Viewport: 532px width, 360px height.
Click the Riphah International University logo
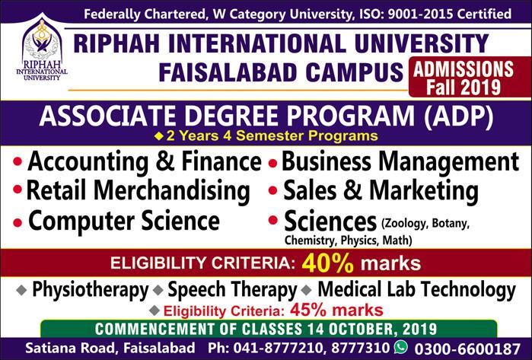[x=42, y=47]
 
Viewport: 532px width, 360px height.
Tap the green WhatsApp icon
[x=401, y=347]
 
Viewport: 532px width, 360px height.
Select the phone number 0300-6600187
[x=467, y=349]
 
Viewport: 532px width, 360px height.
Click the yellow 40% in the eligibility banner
[x=328, y=263]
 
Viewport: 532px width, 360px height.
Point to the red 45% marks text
[x=336, y=310]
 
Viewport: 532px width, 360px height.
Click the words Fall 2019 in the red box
[x=464, y=87]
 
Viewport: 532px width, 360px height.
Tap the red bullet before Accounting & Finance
[x=18, y=161]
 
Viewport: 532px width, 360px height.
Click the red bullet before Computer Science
[x=18, y=222]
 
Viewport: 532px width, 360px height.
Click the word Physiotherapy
[x=91, y=290]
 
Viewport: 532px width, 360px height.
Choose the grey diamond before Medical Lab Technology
[x=307, y=291]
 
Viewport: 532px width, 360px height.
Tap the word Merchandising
[x=172, y=191]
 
